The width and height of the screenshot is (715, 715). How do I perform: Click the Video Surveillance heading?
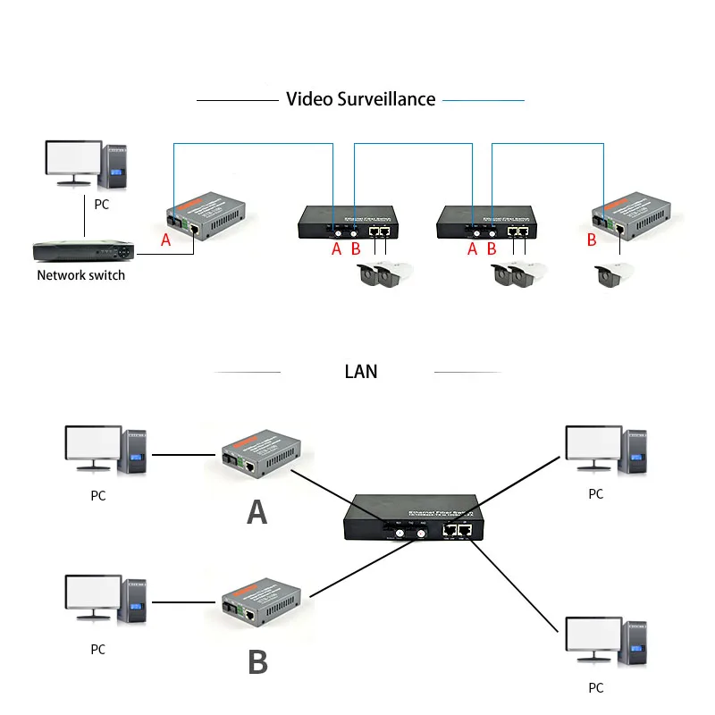pos(360,99)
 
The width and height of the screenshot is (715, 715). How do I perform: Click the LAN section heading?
pos(360,370)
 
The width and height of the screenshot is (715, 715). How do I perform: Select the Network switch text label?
pos(80,275)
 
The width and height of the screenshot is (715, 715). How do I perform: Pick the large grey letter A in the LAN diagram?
pos(257,511)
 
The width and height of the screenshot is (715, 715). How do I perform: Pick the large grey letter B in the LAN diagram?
pos(257,661)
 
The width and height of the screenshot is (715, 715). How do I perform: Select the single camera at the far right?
pos(617,277)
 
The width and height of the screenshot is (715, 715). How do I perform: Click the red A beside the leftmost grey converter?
pos(164,240)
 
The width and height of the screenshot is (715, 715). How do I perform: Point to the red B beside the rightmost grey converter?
pos(591,240)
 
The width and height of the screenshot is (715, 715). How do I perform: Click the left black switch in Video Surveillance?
pos(348,221)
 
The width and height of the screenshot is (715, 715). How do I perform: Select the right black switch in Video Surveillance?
pos(485,221)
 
